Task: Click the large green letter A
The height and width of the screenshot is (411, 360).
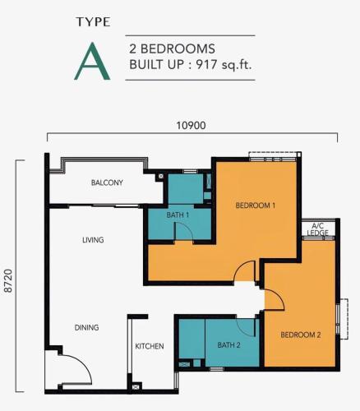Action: click(92, 62)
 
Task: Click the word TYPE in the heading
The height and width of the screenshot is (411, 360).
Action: click(94, 22)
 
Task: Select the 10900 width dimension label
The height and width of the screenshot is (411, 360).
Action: click(191, 126)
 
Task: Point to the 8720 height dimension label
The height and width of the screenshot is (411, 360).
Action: click(9, 281)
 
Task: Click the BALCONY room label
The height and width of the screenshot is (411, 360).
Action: click(107, 182)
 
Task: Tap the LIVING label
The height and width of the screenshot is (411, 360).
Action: click(93, 240)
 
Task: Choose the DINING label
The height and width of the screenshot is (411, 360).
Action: click(86, 327)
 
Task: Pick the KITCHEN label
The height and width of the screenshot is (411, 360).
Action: click(150, 346)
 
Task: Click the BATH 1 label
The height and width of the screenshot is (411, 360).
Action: click(178, 215)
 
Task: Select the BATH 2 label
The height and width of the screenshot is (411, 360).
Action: click(228, 345)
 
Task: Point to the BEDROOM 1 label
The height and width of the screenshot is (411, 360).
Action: click(256, 205)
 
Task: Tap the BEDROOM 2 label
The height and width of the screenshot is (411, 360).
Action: click(301, 335)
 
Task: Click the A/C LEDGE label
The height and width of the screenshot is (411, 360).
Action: click(318, 229)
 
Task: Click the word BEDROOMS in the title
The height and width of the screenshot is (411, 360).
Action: click(178, 48)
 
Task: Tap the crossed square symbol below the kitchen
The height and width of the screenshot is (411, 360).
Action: click(136, 387)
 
